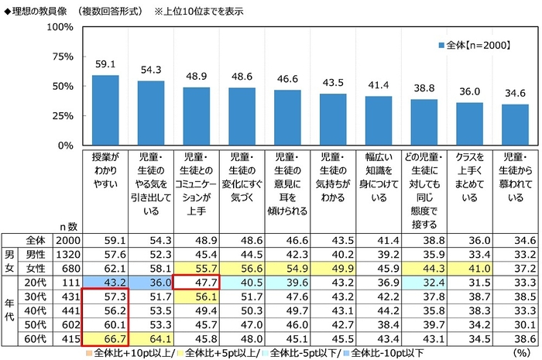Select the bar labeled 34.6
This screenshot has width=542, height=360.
514,125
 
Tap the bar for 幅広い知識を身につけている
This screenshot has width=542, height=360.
378,120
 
